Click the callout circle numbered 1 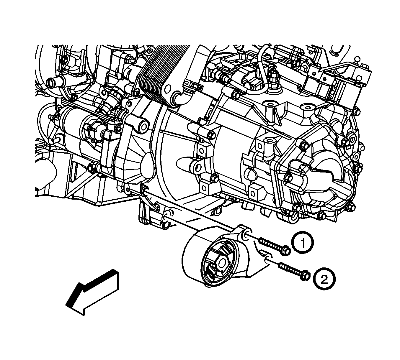pyautogui.click(x=303, y=242)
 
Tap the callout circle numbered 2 pyautogui.click(x=324, y=280)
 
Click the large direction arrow pyautogui.click(x=92, y=292)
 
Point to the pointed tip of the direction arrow pyautogui.click(x=66, y=305)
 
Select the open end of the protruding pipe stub pyautogui.click(x=51, y=82)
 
